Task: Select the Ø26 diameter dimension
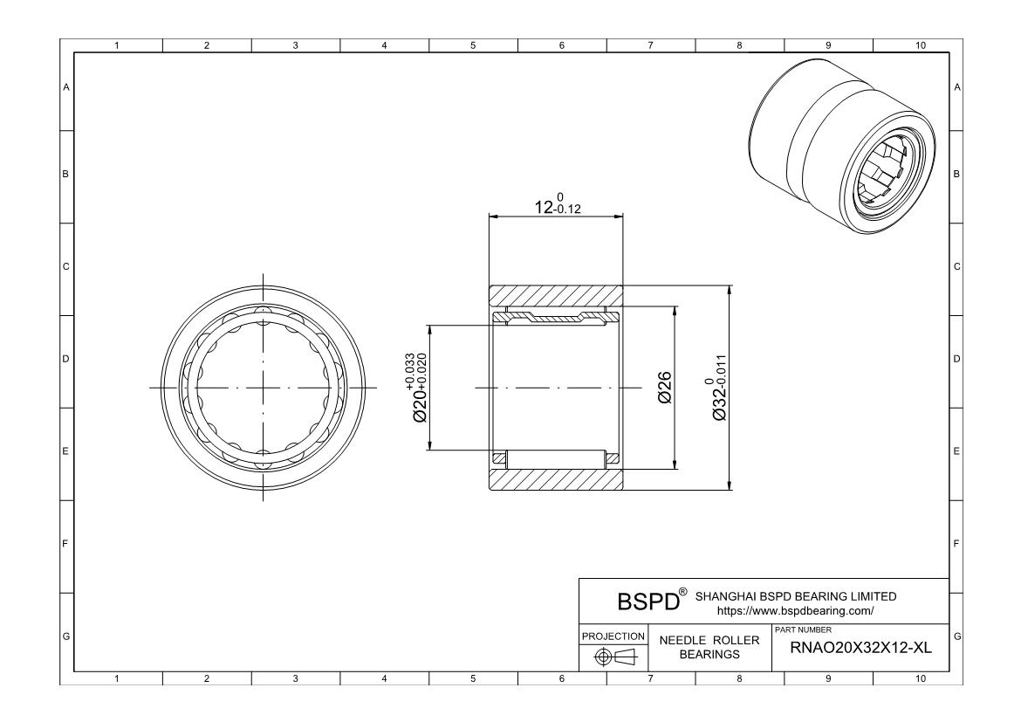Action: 665,388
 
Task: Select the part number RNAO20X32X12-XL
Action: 860,648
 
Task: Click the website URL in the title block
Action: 795,611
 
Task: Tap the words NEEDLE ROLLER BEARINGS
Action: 709,647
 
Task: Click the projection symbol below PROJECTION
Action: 613,657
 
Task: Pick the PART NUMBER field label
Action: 803,630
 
